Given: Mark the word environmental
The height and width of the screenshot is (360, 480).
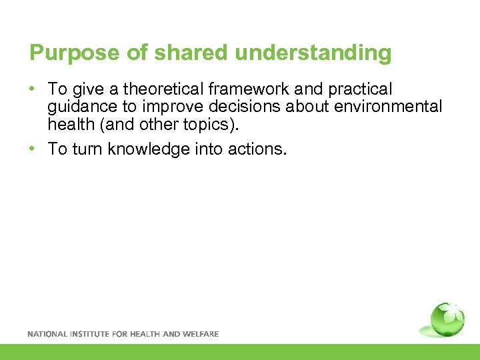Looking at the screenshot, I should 391,107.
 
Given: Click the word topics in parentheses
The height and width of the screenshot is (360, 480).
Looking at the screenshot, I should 215,124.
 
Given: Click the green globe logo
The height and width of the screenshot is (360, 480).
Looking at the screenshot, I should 446,321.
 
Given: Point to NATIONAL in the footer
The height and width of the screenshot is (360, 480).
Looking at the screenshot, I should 47,334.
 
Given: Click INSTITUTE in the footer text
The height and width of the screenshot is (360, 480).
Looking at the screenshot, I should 90,334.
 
